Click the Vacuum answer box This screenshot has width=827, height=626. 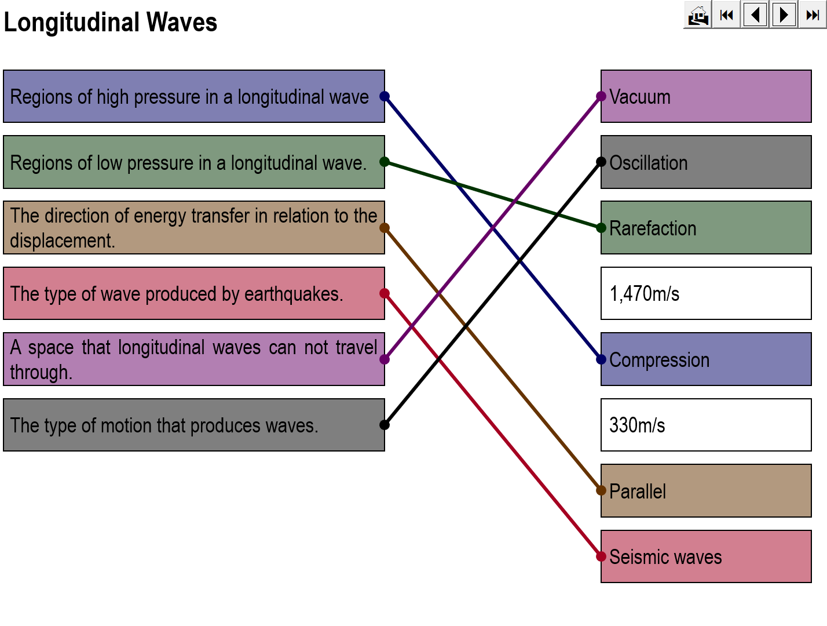706,96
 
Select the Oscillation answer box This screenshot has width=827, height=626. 706,162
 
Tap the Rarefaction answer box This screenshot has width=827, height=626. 706,228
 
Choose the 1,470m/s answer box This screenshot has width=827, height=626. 706,293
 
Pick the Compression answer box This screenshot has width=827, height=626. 706,359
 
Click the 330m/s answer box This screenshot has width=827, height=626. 706,425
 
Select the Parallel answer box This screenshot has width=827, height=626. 706,491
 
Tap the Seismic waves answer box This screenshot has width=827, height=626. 706,556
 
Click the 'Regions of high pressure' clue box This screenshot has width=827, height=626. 193,96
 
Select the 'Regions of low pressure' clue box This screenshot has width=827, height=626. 193,162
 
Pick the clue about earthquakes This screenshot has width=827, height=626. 193,293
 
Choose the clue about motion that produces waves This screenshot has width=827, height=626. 193,425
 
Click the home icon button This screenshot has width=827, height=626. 698,14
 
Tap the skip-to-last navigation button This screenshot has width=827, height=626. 813,14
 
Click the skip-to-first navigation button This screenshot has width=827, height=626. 726,14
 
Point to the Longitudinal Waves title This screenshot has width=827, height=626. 110,23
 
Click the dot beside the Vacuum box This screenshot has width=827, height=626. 601,96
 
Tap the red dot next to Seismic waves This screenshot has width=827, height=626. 601,557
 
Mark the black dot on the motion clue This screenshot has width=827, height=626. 385,425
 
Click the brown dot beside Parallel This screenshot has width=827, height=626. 601,491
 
